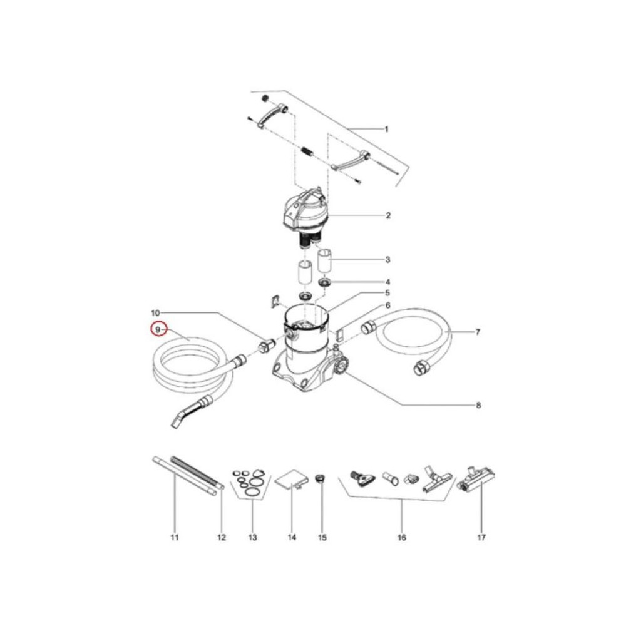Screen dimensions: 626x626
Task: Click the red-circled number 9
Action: click(x=158, y=329)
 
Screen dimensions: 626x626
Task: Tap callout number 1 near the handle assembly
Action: click(x=386, y=130)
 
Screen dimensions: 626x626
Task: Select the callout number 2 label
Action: click(x=388, y=215)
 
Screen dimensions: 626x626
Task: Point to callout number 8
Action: click(x=478, y=405)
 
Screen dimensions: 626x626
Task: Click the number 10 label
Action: click(x=155, y=312)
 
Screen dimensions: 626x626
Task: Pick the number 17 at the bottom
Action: click(x=481, y=537)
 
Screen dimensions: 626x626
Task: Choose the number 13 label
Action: click(x=252, y=537)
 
